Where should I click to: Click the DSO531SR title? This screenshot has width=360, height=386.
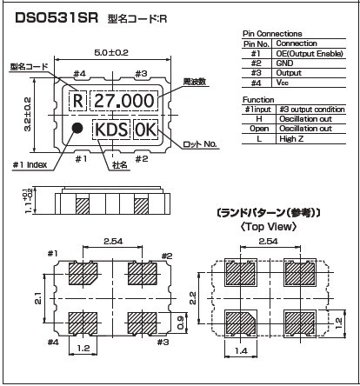tap(57, 18)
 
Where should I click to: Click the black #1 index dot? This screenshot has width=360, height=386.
tap(77, 128)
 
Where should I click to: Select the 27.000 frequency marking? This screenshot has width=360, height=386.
tap(124, 101)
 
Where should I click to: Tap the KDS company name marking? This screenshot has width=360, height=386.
tap(111, 130)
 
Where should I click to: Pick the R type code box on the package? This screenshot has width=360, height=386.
tap(77, 101)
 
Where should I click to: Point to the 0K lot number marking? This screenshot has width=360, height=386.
tap(145, 130)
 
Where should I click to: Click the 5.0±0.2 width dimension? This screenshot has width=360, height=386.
tap(111, 52)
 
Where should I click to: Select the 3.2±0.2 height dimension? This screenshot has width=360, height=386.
tap(27, 115)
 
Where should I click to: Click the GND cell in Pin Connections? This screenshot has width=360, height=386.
tap(284, 63)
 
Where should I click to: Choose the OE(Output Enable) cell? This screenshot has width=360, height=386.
tap(310, 54)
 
